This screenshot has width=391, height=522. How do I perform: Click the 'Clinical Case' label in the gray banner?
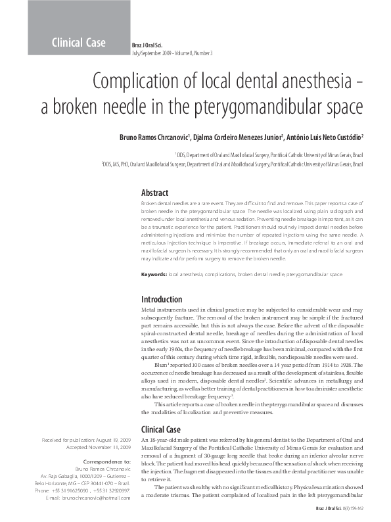(x=78, y=43)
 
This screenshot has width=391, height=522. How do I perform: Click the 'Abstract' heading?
(x=155, y=193)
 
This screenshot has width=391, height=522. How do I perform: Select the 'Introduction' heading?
(x=162, y=299)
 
